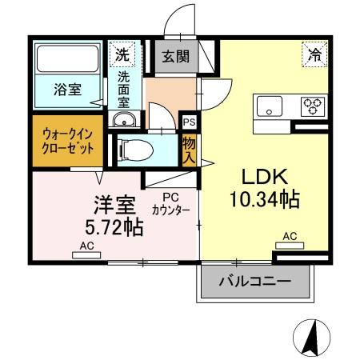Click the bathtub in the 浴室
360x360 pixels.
click(x=67, y=58)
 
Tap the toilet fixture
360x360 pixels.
click(x=135, y=150)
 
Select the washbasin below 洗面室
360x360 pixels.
click(x=124, y=119)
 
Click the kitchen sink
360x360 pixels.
click(x=270, y=106)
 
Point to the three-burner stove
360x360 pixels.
click(x=313, y=106)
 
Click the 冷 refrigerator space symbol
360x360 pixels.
click(x=314, y=54)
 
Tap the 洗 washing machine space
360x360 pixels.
click(x=122, y=54)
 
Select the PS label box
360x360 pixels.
click(x=189, y=122)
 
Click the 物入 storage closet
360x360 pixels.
click(x=189, y=150)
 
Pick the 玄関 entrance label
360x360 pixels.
click(x=176, y=56)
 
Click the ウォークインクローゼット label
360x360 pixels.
click(x=68, y=141)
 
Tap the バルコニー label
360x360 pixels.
click(x=254, y=281)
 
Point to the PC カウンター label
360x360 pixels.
click(x=170, y=204)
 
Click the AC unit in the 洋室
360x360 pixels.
click(x=86, y=255)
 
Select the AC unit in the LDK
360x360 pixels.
click(x=290, y=246)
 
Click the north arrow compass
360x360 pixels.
click(x=311, y=337)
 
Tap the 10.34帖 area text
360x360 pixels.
click(x=265, y=199)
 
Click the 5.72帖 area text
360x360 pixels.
click(x=114, y=227)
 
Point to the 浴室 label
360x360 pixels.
click(x=68, y=90)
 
